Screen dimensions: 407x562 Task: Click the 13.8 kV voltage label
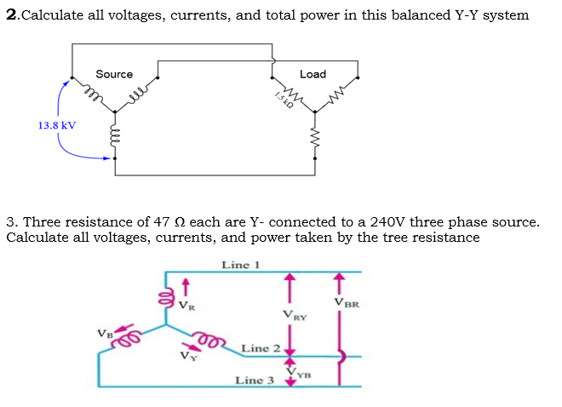point(56,125)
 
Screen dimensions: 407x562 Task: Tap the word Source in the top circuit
point(114,74)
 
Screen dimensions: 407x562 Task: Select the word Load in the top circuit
point(313,74)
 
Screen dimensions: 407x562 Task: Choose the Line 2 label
point(260,348)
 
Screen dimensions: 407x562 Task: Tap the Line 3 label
point(254,380)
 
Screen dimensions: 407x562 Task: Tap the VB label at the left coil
point(105,333)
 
